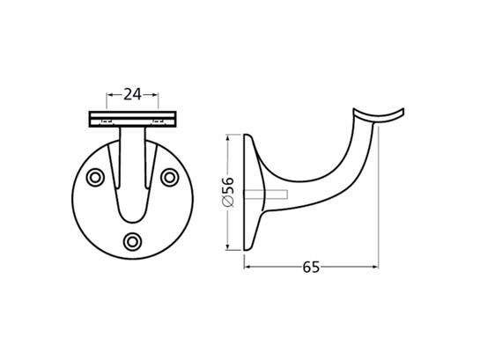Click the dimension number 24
[x=132, y=94]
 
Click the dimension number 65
[x=311, y=267]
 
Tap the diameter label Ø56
[x=228, y=192]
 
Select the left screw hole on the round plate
[x=95, y=178]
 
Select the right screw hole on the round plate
[x=170, y=178]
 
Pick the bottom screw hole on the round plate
[x=132, y=242]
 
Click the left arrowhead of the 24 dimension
[x=109, y=95]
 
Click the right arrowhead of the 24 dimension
[x=155, y=95]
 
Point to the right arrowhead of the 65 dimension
[x=375, y=267]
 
